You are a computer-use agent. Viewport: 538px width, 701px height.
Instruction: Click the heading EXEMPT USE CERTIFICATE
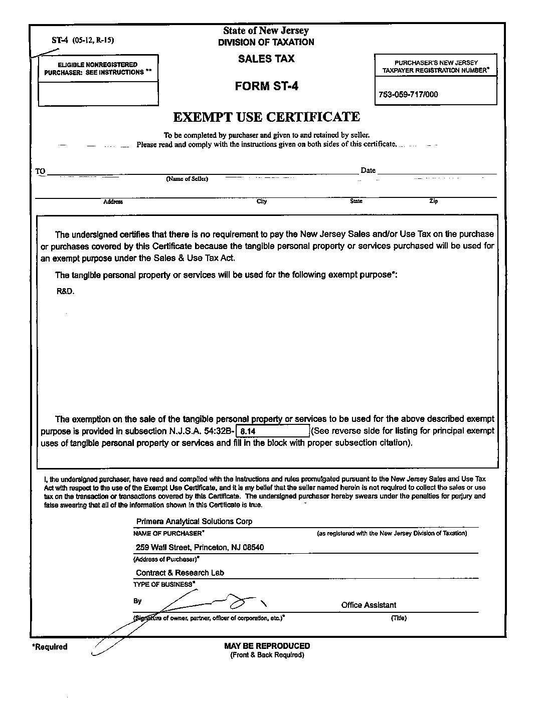click(x=266, y=117)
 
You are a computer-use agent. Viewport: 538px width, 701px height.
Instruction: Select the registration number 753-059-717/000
click(x=409, y=94)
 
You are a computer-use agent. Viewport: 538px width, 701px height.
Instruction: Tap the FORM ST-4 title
click(x=266, y=86)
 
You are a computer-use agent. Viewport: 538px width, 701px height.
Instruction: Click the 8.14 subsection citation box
click(x=273, y=431)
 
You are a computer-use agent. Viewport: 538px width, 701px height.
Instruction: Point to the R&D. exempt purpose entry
click(x=65, y=291)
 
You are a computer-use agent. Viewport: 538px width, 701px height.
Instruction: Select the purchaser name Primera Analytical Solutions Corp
click(x=194, y=521)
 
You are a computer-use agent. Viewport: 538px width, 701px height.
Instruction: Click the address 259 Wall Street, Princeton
click(x=200, y=547)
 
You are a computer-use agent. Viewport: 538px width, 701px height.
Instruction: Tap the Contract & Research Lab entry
click(x=180, y=573)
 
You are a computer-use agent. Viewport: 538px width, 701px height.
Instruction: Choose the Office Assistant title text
click(x=369, y=605)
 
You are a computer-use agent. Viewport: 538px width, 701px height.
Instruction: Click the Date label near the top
click(x=368, y=170)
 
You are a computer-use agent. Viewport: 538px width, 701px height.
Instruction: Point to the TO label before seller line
click(x=40, y=171)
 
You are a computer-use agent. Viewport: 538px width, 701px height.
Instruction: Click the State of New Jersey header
click(x=266, y=31)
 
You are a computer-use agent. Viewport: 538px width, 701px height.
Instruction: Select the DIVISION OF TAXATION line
click(x=266, y=43)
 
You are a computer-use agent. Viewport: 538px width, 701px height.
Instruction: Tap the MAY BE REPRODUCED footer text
click(x=267, y=646)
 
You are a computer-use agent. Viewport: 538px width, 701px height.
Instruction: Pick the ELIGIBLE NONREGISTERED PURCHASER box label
click(x=98, y=69)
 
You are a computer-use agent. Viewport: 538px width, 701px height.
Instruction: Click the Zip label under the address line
click(x=433, y=201)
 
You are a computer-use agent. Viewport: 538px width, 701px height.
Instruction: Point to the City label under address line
click(x=262, y=201)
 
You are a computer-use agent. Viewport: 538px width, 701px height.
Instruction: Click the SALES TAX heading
click(x=266, y=59)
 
